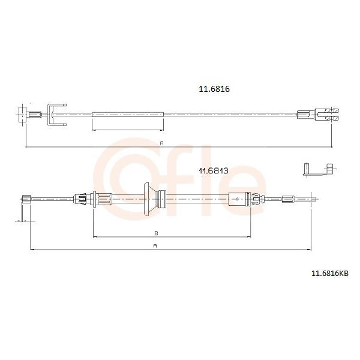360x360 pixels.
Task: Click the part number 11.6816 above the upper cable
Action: (214, 89)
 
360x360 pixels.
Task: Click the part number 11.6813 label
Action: (214, 171)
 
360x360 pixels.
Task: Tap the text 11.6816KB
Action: (329, 274)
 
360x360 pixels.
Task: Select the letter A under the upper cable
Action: (161, 143)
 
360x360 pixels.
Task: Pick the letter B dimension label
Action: (157, 233)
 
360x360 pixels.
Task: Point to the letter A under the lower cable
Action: (155, 246)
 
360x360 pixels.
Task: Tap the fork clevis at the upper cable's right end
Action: (326, 115)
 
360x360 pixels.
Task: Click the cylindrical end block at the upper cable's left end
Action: (22, 115)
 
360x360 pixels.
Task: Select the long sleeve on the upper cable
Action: (128, 115)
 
